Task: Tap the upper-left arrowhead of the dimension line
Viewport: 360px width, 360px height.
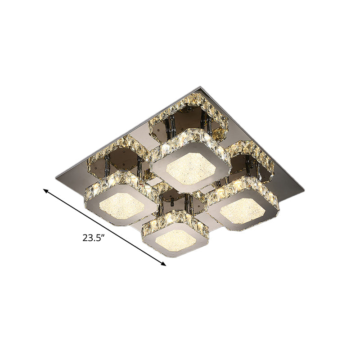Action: tap(45, 191)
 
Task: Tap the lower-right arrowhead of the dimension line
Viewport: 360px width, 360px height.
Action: tap(164, 264)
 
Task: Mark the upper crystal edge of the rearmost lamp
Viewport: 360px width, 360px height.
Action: tap(189, 135)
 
